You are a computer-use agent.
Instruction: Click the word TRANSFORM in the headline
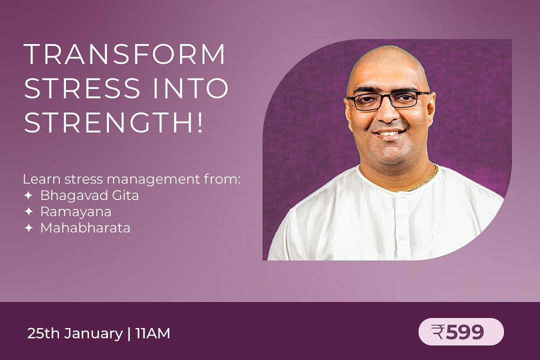point(124,54)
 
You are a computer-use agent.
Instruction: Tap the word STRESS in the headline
point(82,88)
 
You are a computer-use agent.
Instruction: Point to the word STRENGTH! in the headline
point(114,122)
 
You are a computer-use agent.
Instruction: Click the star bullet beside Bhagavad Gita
point(28,195)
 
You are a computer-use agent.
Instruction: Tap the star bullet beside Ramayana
point(28,211)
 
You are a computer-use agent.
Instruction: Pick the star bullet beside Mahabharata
point(28,227)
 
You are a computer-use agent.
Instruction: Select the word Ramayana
point(76,212)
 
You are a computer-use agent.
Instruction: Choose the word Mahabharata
point(85,227)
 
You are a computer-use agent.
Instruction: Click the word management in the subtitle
point(153,179)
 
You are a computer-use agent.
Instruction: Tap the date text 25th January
point(75,333)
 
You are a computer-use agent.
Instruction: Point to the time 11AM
point(153,333)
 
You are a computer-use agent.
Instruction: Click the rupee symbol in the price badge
point(437,332)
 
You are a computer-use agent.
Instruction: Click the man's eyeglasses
point(388,100)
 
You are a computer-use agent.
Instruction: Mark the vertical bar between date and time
point(129,334)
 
